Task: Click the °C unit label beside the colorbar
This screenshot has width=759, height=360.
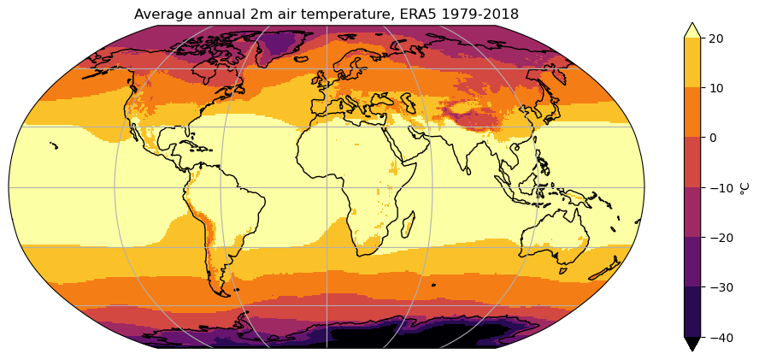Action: pyautogui.click(x=745, y=187)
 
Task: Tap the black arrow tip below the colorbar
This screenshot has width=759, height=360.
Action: pyautogui.click(x=692, y=344)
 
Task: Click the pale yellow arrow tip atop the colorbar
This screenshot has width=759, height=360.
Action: pyautogui.click(x=692, y=31)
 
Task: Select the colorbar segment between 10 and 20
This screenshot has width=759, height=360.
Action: pyautogui.click(x=692, y=62)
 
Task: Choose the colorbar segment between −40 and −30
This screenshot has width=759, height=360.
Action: pyautogui.click(x=692, y=312)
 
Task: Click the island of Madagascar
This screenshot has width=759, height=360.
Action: pyautogui.click(x=409, y=226)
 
